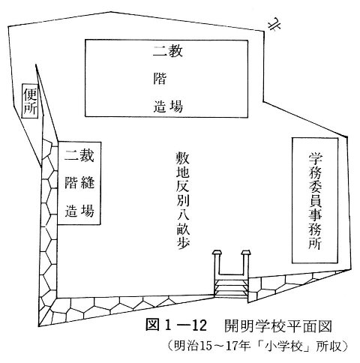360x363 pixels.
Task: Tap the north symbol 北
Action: pyautogui.click(x=274, y=25)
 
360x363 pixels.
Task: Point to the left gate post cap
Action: pyautogui.click(x=217, y=253)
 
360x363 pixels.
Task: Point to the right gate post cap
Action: pyautogui.click(x=246, y=253)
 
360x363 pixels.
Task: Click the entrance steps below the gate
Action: pyautogui.click(x=231, y=287)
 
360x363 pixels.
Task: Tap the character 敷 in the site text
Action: pyautogui.click(x=183, y=157)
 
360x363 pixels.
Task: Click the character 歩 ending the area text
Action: pyautogui.click(x=183, y=242)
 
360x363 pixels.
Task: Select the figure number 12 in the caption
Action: pyautogui.click(x=198, y=325)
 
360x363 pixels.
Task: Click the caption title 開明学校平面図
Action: pyautogui.click(x=278, y=326)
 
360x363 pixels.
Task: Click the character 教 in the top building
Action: pyautogui.click(x=175, y=51)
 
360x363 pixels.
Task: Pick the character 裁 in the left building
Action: pyautogui.click(x=86, y=155)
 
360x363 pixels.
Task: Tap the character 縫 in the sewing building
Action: pyautogui.click(x=88, y=181)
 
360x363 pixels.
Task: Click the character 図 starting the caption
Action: pyautogui.click(x=152, y=325)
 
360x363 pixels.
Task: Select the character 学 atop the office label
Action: pyautogui.click(x=315, y=158)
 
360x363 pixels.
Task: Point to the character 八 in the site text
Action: pyautogui.click(x=183, y=215)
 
